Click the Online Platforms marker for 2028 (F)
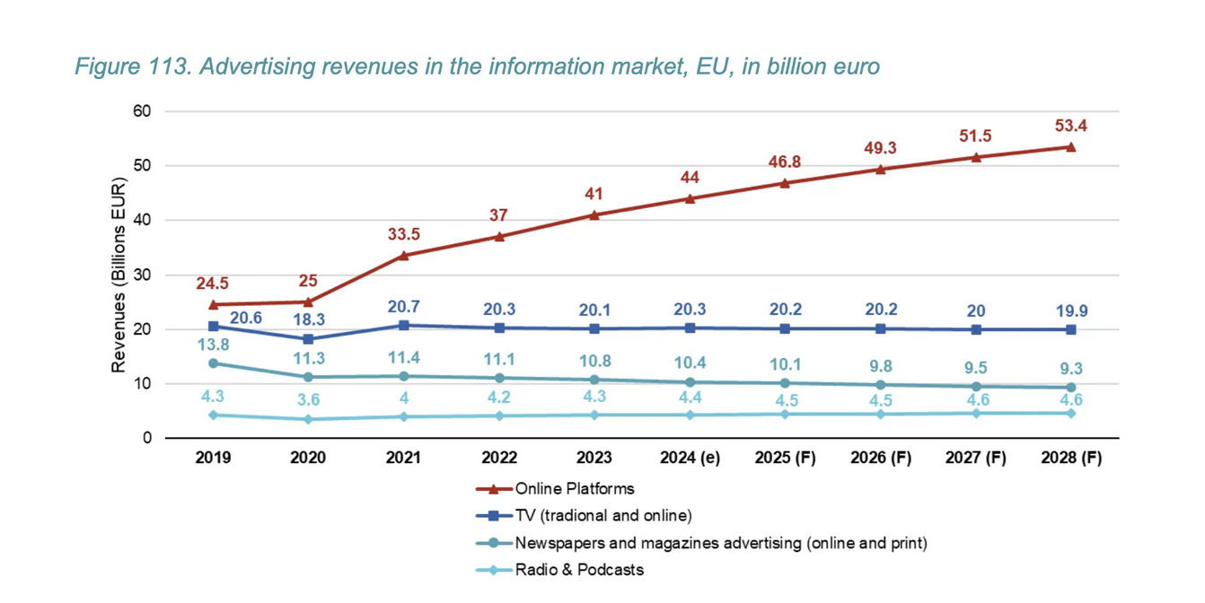coord(1071,146)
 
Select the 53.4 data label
coord(1071,126)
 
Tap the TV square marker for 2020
coord(308,339)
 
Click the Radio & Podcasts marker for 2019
coord(213,415)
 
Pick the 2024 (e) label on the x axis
coord(690,458)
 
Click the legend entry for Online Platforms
coord(574,489)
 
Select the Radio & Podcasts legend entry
coord(578,570)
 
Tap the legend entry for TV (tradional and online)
coord(602,516)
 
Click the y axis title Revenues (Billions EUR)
coord(119,275)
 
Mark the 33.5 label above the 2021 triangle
coord(403,234)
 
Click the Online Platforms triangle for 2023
coord(594,214)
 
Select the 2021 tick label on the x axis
coord(403,458)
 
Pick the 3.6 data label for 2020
coord(308,400)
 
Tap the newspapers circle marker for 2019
coord(213,363)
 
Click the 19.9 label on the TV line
coord(1071,310)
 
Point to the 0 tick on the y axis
coord(147,438)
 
